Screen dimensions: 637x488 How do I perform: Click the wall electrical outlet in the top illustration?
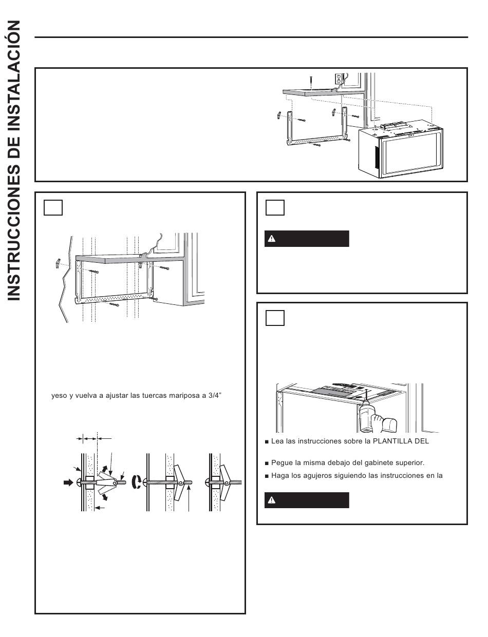339,79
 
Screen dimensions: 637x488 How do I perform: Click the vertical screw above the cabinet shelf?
311,82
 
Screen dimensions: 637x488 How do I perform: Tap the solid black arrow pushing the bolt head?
68,482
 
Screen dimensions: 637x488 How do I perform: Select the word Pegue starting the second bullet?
282,462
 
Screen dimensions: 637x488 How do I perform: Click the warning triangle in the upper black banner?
272,239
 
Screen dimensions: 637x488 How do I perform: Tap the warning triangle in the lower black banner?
272,500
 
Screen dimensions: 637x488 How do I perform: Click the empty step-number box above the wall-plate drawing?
53,207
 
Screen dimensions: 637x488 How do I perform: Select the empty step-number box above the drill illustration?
275,318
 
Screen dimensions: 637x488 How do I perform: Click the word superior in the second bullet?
411,462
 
